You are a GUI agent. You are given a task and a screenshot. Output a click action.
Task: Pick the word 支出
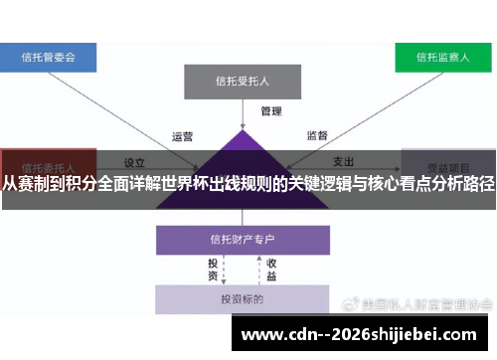pos(343,161)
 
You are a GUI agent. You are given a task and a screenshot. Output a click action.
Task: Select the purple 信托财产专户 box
pos(243,240)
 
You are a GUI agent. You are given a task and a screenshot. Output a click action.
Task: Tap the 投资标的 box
pos(243,299)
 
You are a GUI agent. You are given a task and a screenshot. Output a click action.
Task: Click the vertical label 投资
pos(213,270)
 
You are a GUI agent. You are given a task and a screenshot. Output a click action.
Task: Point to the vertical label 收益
pos(271,270)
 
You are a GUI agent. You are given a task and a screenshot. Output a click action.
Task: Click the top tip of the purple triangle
pos(243,130)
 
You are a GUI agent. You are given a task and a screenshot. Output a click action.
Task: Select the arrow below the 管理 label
pos(243,117)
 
